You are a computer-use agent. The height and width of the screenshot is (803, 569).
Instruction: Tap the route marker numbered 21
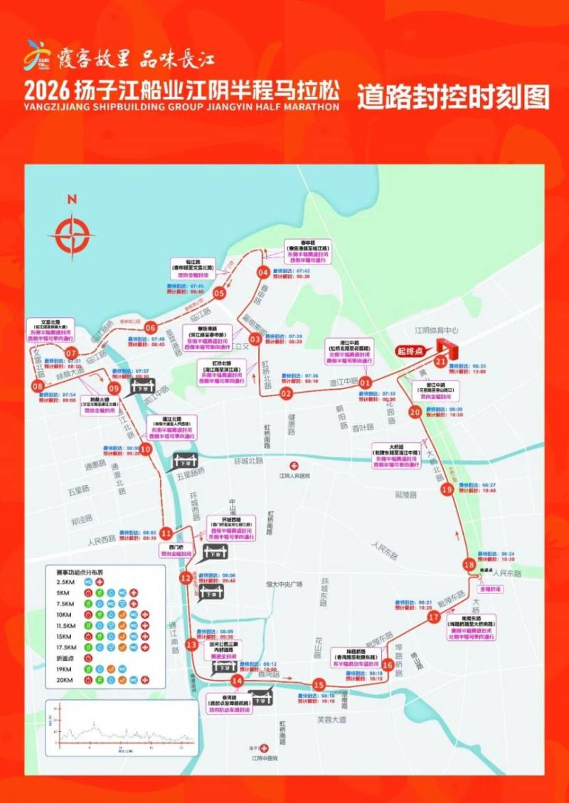(441, 362)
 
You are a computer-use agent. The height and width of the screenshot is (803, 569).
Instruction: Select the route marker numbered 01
(366, 383)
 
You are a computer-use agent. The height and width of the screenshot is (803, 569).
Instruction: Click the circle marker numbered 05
(220, 293)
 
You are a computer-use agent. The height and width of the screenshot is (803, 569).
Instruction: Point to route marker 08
(38, 385)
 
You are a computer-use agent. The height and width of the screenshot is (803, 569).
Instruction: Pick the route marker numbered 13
(191, 644)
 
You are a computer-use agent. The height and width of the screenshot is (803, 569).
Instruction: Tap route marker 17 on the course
(434, 617)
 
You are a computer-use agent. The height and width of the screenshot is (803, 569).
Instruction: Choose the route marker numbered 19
(447, 489)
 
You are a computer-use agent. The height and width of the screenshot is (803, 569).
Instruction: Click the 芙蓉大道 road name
(332, 720)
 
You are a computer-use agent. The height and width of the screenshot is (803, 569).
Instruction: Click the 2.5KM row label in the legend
(65, 581)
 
